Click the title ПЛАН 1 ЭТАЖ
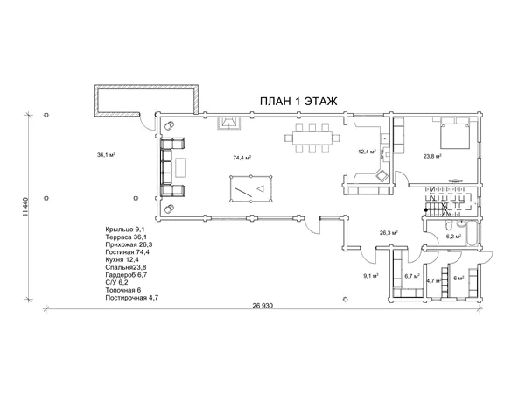click(298, 101)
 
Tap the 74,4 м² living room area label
click(241, 158)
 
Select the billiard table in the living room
click(251, 189)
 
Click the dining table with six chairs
click(312, 138)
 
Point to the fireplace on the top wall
click(229, 123)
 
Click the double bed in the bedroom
click(455, 134)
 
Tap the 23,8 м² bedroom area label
click(432, 156)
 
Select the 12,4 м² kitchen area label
click(367, 152)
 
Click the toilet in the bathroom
click(448, 225)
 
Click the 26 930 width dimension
click(262, 306)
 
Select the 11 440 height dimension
click(26, 206)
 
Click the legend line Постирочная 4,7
click(132, 298)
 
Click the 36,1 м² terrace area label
click(106, 154)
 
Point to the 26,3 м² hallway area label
click(388, 233)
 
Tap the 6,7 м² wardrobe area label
click(411, 276)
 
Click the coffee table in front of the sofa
click(181, 167)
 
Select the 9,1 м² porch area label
click(370, 276)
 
